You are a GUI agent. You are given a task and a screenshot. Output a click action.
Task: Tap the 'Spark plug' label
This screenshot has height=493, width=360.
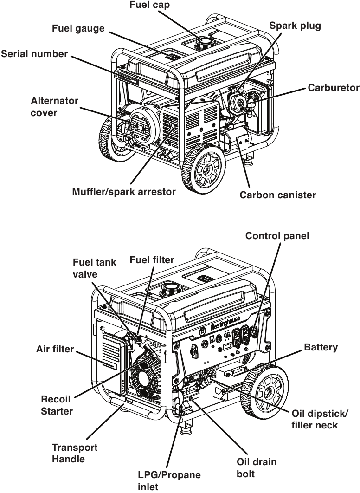[x=295, y=26]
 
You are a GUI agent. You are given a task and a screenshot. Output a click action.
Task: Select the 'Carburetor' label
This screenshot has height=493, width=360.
[x=333, y=88]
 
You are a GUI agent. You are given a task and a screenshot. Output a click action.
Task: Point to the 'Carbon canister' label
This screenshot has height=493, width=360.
[x=277, y=195]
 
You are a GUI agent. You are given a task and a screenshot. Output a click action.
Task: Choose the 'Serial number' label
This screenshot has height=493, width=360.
[x=34, y=54]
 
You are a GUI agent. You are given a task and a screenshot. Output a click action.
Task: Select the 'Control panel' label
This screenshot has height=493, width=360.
[x=277, y=236]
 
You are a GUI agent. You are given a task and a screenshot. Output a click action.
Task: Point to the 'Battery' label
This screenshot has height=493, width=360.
[x=321, y=348]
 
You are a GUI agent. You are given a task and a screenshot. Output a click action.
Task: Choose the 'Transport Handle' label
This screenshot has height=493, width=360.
[x=74, y=453]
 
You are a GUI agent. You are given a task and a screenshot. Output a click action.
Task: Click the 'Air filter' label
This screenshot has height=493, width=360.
[x=55, y=350]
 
